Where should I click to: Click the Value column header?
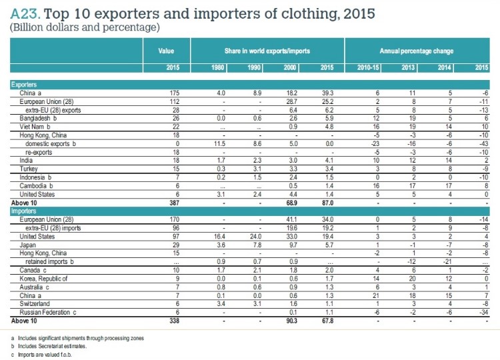166,50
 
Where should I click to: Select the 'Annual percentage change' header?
417,50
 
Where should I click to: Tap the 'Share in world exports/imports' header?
267,50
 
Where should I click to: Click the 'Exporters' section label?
23,85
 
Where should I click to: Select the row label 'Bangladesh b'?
37,116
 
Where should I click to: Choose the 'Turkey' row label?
29,163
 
